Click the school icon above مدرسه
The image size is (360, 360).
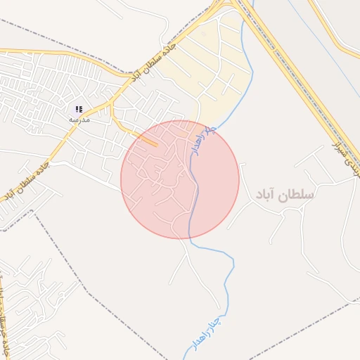79,109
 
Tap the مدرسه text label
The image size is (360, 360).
79,120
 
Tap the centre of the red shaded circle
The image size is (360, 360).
180,179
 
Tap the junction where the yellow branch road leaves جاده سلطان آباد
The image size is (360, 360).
111,105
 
